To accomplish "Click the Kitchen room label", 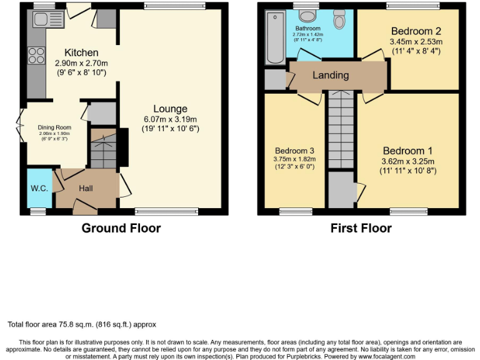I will [81, 52].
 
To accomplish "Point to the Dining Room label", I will [55, 127].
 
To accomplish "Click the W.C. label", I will [40, 187].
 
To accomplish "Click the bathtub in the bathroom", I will [275, 39].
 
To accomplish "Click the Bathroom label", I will [307, 29].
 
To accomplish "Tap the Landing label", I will [331, 75].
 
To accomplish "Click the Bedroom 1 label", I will [407, 151].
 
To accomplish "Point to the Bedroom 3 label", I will [294, 151].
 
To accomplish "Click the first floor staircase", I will [341, 128].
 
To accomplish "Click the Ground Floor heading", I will [121, 228].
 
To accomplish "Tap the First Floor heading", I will [361, 228].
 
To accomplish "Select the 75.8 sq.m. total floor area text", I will [81, 324].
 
